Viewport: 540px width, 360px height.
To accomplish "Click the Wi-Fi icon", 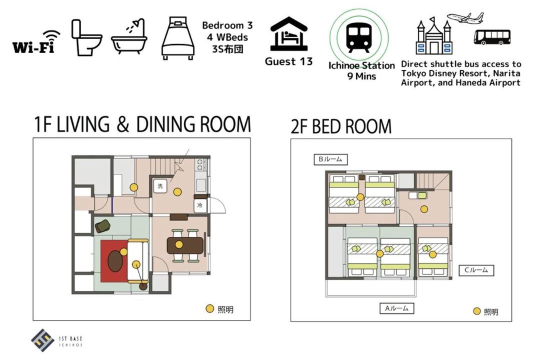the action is tap(36, 42).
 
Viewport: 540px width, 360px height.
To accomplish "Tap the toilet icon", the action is tap(86, 37).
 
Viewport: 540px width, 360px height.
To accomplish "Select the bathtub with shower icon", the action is tap(129, 36).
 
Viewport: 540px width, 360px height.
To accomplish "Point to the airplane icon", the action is tap(465, 18).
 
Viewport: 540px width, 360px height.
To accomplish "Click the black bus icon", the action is tap(492, 37).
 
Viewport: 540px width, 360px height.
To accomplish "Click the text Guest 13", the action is tap(288, 61).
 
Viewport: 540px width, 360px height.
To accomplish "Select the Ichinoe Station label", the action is tap(361, 65).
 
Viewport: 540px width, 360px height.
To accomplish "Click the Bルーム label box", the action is tap(330, 159).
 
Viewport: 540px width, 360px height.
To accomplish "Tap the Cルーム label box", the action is tap(476, 270).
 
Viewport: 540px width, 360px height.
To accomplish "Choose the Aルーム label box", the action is tap(396, 308).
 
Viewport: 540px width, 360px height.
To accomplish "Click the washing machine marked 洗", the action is tap(160, 186).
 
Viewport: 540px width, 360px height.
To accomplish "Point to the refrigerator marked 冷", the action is tap(199, 205).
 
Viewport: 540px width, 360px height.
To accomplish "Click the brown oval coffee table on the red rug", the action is tap(115, 260).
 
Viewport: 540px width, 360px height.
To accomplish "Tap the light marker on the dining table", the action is tap(178, 244).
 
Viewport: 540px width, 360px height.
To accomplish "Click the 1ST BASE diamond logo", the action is tap(42, 340).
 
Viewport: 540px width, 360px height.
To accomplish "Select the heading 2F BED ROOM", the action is tap(341, 126).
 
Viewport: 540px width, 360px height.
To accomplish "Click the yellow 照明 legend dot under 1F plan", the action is tap(209, 308).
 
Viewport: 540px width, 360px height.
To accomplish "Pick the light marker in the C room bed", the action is tap(433, 254).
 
